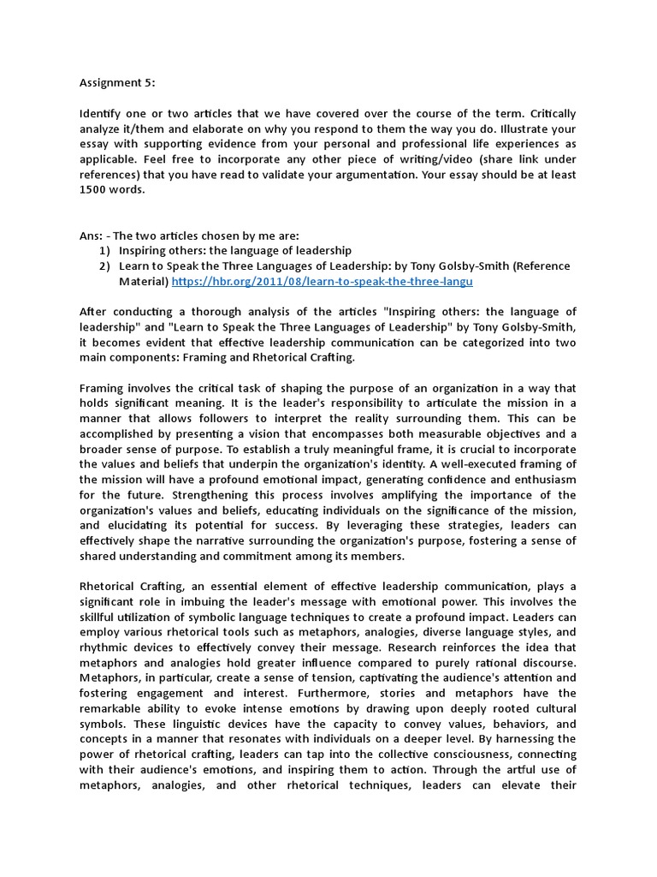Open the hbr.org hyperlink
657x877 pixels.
pos(322,281)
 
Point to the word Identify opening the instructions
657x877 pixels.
pos(102,114)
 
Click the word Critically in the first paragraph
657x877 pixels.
pos(547,114)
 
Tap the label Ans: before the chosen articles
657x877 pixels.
pos(91,236)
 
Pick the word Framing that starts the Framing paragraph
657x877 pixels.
pos(102,387)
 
